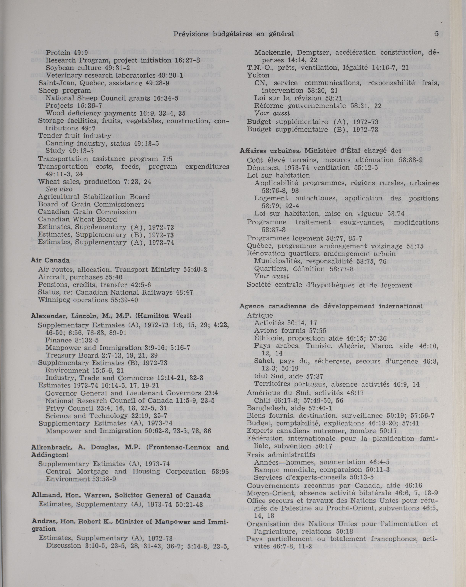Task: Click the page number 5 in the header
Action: (437, 34)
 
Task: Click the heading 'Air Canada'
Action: (50, 260)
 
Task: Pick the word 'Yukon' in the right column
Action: (258, 75)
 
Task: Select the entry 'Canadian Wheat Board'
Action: (77, 219)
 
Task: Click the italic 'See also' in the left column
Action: (59, 189)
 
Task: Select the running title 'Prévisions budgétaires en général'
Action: (234, 34)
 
